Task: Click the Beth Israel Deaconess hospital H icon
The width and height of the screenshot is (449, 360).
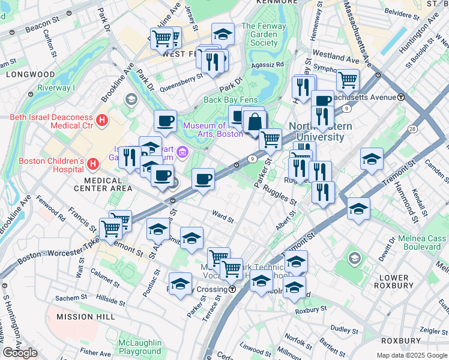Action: (x=101, y=120)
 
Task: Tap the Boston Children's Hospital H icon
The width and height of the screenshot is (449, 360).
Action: (x=93, y=163)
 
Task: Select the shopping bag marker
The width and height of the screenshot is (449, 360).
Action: (x=255, y=121)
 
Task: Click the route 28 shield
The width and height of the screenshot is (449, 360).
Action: (x=412, y=129)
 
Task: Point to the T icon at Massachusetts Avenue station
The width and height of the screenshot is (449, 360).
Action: (x=400, y=97)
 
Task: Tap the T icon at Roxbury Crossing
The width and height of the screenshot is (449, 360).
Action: (x=232, y=289)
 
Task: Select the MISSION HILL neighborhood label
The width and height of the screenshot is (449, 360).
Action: (x=82, y=316)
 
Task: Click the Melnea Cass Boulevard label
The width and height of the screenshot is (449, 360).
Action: (x=422, y=242)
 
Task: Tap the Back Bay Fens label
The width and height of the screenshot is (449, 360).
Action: (x=231, y=100)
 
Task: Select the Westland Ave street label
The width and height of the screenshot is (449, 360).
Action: (x=336, y=59)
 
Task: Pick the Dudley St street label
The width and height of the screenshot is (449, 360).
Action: (x=344, y=329)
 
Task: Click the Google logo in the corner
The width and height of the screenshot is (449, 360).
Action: (x=20, y=353)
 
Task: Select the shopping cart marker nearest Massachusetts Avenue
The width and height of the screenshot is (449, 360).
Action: (x=348, y=79)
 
